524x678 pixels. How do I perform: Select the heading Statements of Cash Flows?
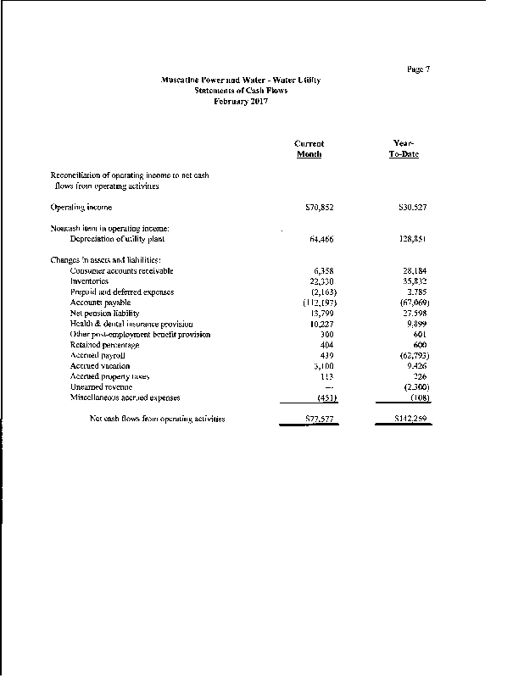pyautogui.click(x=241, y=91)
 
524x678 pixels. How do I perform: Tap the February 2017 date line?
pyautogui.click(x=241, y=101)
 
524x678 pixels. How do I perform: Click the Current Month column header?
pyautogui.click(x=309, y=149)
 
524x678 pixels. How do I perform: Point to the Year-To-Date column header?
pyautogui.click(x=404, y=149)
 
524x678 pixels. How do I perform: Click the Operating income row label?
pyautogui.click(x=81, y=207)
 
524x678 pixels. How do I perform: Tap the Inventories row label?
pyautogui.click(x=89, y=281)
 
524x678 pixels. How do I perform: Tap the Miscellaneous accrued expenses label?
pyautogui.click(x=125, y=397)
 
